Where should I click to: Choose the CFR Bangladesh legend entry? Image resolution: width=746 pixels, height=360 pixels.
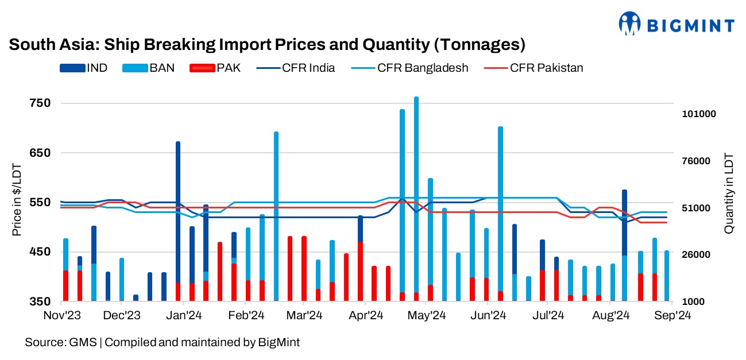pos(410,68)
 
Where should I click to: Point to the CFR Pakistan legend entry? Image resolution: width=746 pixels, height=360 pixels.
pos(534,68)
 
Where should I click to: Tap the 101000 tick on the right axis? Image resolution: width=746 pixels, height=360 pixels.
pos(699,114)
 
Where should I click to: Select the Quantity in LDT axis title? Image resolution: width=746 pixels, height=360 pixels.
pos(729,192)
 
